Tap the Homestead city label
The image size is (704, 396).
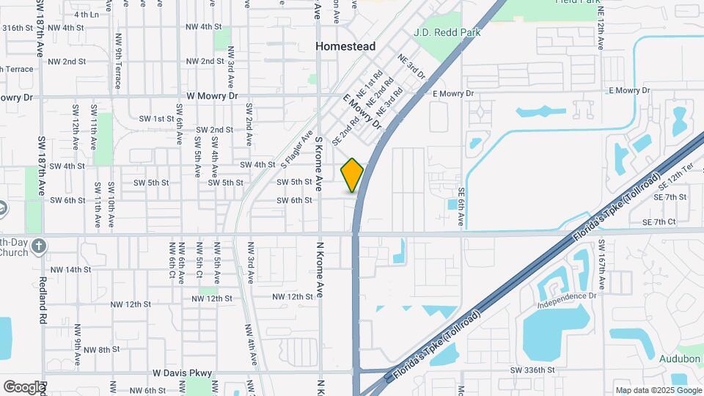(x=345, y=46)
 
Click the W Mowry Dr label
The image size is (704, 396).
(x=213, y=96)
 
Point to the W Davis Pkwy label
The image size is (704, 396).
(x=182, y=373)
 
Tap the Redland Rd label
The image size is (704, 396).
(x=42, y=298)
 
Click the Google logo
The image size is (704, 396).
(x=23, y=386)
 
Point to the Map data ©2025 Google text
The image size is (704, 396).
(x=658, y=390)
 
